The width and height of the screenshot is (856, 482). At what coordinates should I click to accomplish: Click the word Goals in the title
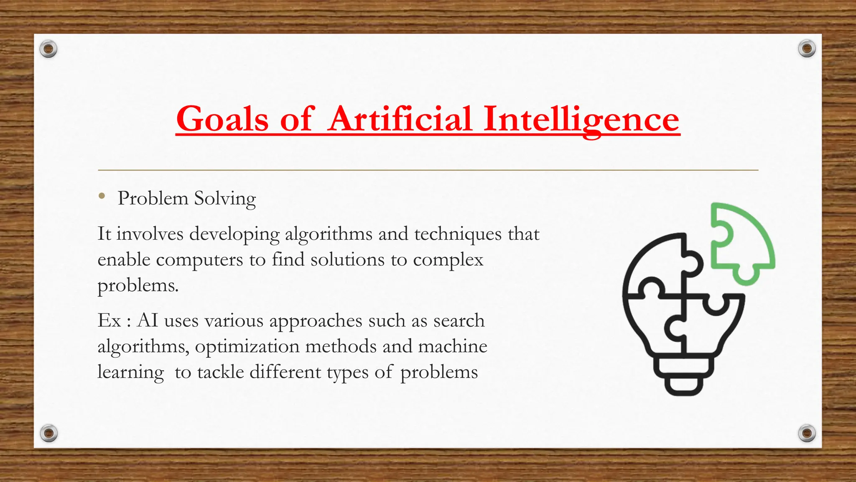(222, 119)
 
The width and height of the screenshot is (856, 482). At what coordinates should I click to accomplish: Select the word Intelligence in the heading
(581, 119)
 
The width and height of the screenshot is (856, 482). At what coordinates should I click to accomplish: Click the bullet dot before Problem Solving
(102, 196)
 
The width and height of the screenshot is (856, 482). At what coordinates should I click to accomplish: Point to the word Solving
(225, 199)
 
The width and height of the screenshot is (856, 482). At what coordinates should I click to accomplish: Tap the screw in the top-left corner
(48, 49)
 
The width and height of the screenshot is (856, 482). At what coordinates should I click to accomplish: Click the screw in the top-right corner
(807, 49)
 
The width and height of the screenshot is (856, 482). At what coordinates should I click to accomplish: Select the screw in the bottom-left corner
(48, 433)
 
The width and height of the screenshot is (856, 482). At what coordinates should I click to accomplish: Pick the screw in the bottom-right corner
(807, 433)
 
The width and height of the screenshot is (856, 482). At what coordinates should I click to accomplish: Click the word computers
(199, 260)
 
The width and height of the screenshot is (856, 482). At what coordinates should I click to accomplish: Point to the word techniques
(458, 234)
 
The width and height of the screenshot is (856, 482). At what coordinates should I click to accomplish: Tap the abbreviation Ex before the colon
(109, 321)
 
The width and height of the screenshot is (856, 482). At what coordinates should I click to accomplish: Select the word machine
(453, 346)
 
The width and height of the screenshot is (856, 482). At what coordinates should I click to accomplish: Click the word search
(459, 321)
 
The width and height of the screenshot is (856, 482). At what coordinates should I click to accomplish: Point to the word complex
(448, 260)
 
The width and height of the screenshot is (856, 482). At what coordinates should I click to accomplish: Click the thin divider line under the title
(428, 170)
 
